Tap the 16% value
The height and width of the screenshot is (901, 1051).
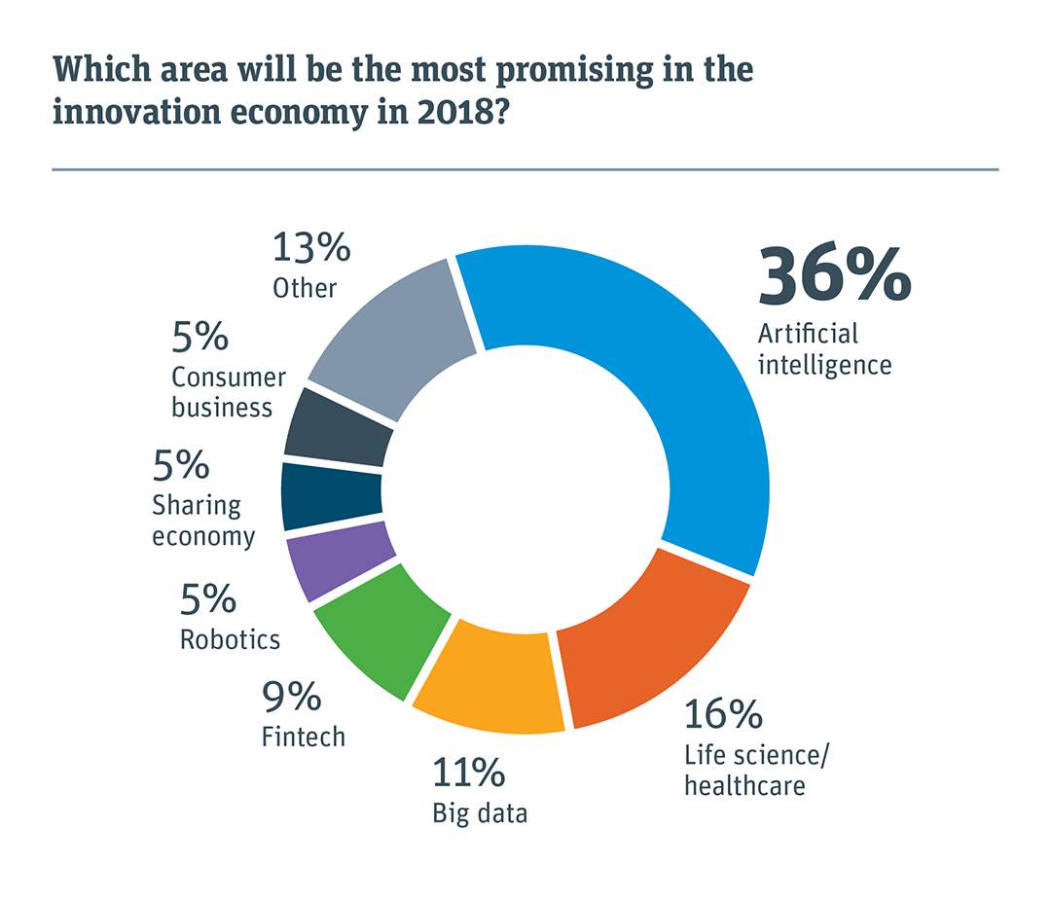pos(722,714)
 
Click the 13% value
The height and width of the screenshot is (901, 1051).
pos(310,248)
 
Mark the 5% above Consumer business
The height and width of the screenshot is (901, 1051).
pos(200,338)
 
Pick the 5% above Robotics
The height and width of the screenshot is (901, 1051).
pos(207,599)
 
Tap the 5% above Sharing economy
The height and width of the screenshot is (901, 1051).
pos(180,465)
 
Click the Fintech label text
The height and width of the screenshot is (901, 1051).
pos(303,737)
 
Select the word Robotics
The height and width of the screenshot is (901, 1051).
pos(230,639)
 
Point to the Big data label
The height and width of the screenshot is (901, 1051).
pos(480,812)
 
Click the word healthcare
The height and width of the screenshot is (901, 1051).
pos(744,784)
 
